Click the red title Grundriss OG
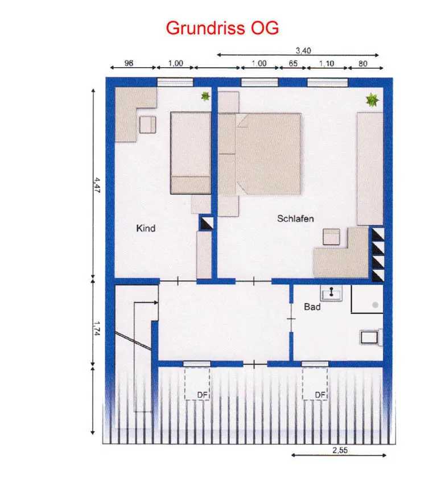222,28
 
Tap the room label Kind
146,228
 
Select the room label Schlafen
295,218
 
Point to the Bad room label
312,307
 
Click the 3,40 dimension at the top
303,50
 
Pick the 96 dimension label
129,63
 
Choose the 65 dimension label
293,64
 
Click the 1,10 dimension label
327,64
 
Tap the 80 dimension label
362,64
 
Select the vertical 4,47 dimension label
97,185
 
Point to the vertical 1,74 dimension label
97,328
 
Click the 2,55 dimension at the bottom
340,450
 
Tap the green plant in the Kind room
205,96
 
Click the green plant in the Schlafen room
372,100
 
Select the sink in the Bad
331,292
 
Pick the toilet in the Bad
372,337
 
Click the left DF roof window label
203,395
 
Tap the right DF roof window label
320,395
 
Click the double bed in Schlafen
268,154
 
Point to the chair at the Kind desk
147,125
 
